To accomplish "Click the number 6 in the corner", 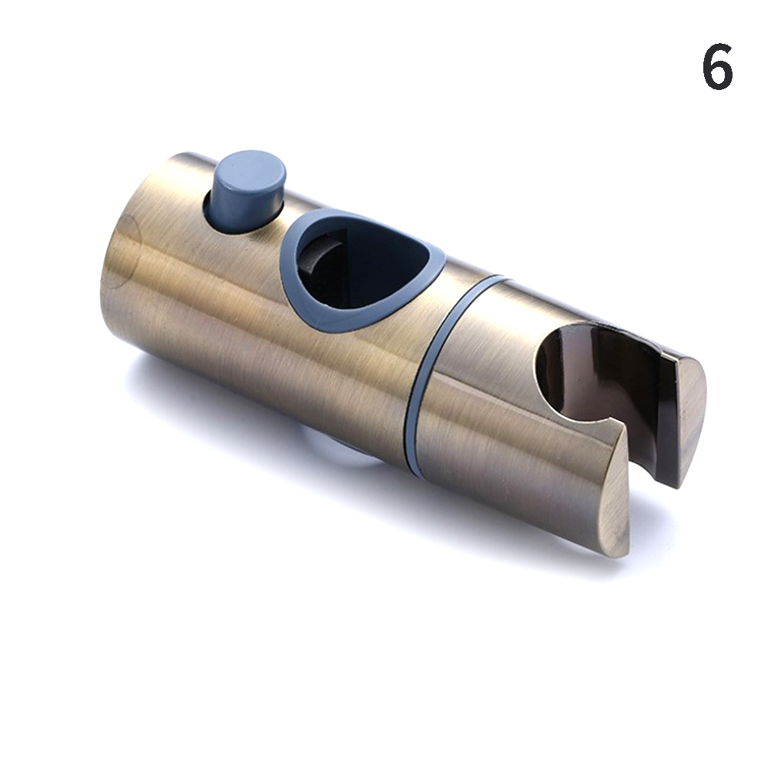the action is (x=717, y=66).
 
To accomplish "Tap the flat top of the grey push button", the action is (x=252, y=168).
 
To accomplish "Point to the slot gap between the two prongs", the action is (x=639, y=442).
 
